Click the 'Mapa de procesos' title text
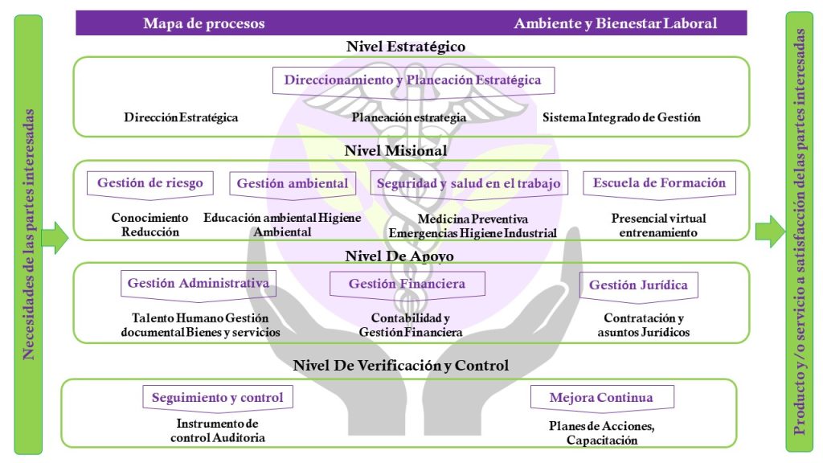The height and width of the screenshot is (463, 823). click(204, 23)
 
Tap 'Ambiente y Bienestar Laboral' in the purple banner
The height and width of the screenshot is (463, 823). click(615, 23)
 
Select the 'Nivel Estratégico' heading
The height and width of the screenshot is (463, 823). click(406, 46)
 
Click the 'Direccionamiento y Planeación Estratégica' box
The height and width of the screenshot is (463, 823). click(414, 81)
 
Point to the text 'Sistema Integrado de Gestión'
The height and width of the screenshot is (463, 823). click(621, 117)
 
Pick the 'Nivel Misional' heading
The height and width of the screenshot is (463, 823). click(395, 150)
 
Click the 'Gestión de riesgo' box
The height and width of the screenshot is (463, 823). click(150, 185)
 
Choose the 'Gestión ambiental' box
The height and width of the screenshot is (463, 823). click(293, 185)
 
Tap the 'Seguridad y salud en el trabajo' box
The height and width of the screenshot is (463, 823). click(469, 185)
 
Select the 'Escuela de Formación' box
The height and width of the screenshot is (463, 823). click(659, 185)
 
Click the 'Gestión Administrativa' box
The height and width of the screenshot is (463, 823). click(199, 285)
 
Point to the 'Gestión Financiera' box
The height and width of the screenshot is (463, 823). click(407, 285)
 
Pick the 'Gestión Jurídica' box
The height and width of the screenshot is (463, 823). click(639, 287)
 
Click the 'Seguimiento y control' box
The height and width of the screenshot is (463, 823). click(218, 399)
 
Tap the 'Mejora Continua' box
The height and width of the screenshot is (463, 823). click(602, 399)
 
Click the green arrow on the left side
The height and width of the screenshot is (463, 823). click(55, 237)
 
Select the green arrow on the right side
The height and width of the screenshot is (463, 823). click(770, 231)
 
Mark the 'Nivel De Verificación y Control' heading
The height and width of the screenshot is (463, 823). click(401, 366)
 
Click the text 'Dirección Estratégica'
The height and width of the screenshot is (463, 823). click(181, 117)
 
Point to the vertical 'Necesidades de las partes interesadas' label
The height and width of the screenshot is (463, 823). click(28, 234)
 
